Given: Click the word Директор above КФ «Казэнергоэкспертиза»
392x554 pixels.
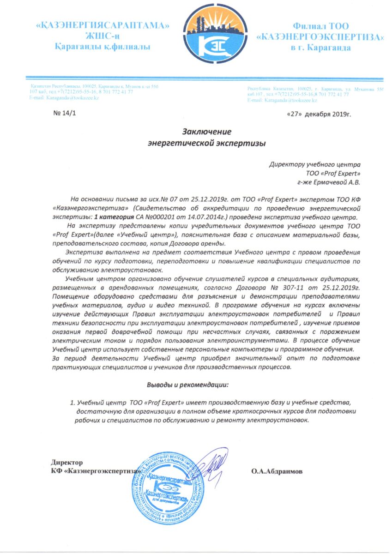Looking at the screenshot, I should tap(67, 462).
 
